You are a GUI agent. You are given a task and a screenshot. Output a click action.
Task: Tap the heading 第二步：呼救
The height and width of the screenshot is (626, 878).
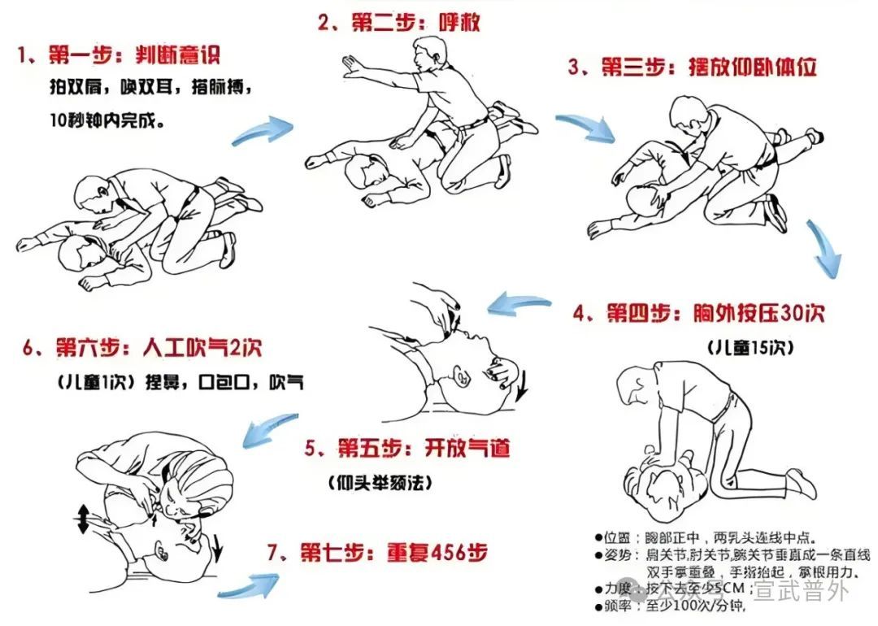(x=398, y=22)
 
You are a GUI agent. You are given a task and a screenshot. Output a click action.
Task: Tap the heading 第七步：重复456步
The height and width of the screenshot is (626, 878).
(x=378, y=553)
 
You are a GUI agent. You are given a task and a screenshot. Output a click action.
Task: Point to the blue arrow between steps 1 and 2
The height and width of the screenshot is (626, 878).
(x=262, y=130)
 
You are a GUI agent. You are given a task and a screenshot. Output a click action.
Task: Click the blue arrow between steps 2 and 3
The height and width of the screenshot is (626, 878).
(x=584, y=127)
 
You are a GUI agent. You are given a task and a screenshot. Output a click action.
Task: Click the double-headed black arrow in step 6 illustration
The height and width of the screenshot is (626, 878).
(x=82, y=518)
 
